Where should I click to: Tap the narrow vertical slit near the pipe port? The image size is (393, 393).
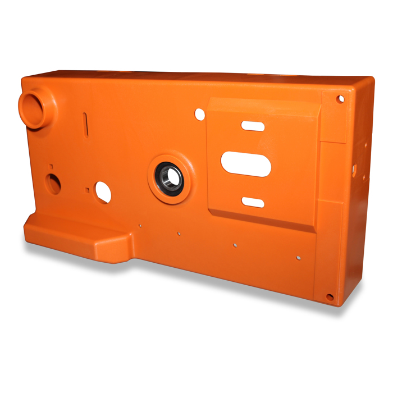click(x=85, y=124)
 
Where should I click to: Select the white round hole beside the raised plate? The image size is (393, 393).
click(x=200, y=114)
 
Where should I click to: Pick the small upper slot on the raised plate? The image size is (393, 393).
click(x=253, y=126)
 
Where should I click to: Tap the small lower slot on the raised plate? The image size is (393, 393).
click(x=253, y=202)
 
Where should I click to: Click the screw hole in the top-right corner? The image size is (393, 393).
click(x=340, y=99)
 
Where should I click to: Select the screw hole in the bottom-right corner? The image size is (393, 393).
click(x=330, y=297)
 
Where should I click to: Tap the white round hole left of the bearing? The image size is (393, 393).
click(x=103, y=192)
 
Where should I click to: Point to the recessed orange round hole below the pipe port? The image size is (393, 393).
click(x=53, y=184)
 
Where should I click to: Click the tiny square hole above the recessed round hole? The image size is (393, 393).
click(x=51, y=166)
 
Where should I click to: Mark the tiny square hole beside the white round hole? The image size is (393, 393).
click(x=87, y=190)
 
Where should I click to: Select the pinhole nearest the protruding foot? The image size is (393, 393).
click(x=139, y=226)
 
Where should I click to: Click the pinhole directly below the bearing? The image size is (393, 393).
click(x=179, y=233)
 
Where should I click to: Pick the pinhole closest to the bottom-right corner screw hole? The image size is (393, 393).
click(x=298, y=258)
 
